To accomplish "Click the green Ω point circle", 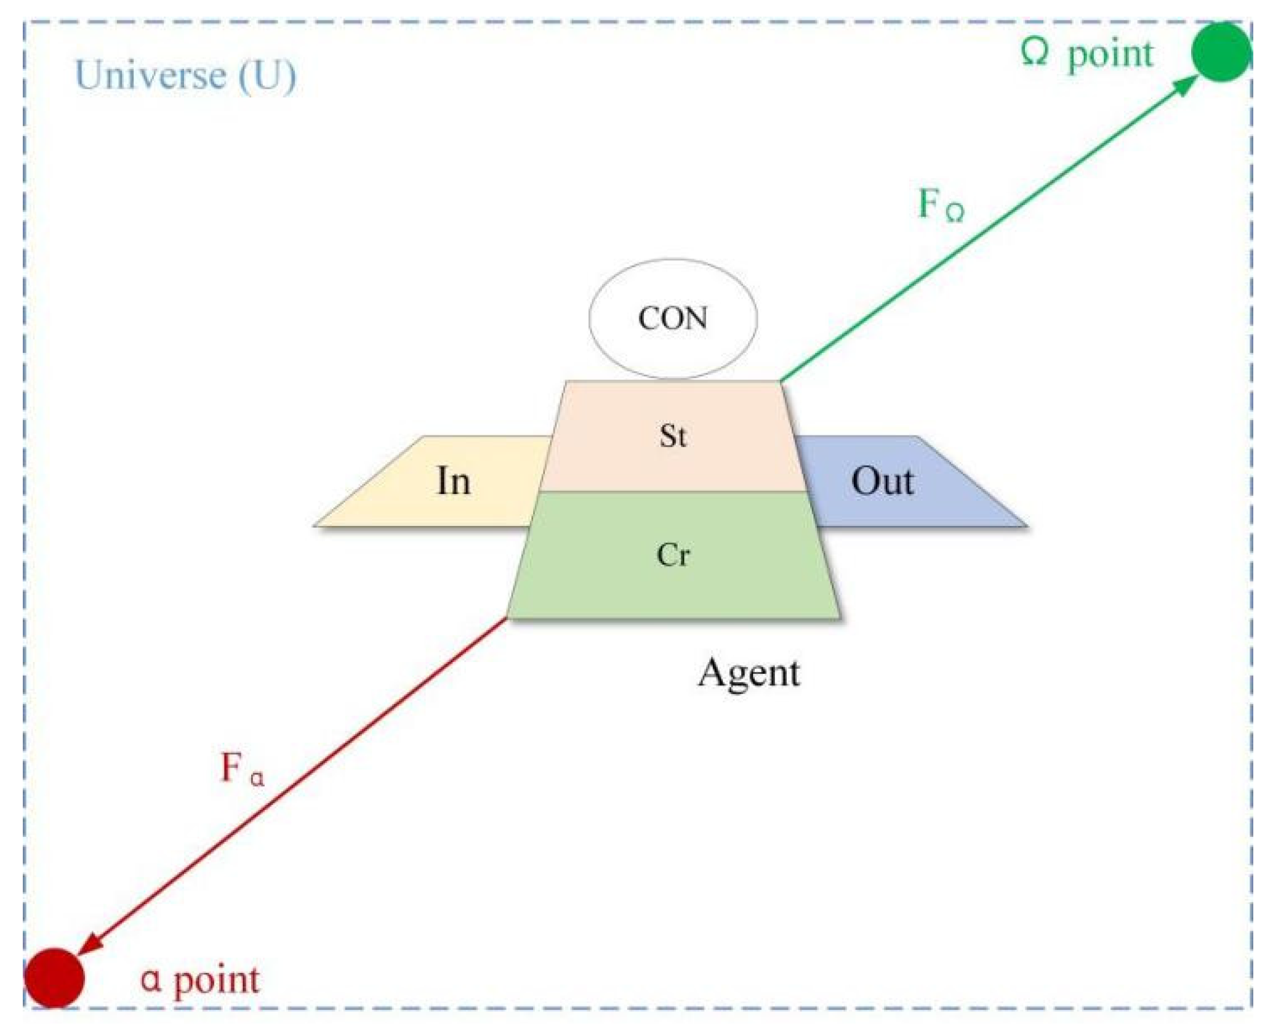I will click(1221, 52).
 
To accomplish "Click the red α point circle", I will click(54, 977).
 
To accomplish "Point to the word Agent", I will click(749, 673).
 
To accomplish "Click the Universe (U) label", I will click(185, 76).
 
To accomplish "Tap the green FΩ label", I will click(941, 204).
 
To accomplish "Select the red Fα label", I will click(242, 769).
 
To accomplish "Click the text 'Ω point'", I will click(1086, 54).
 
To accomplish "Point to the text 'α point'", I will click(200, 979).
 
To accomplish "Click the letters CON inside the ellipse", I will click(673, 319).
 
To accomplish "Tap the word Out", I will click(882, 482).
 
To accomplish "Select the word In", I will click(454, 482).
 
